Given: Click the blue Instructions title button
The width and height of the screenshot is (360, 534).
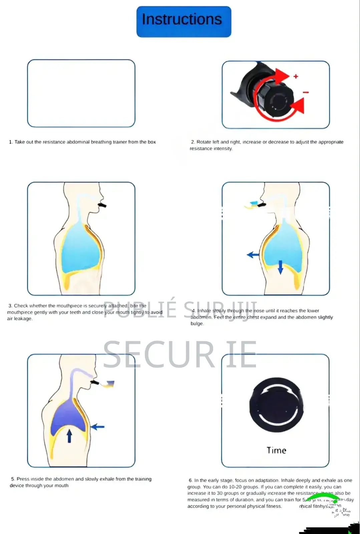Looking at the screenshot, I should (x=184, y=21).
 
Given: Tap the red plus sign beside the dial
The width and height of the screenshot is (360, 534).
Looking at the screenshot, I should (x=296, y=76).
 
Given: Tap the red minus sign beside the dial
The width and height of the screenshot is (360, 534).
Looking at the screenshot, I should (x=306, y=92).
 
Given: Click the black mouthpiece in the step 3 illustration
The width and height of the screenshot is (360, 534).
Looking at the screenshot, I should (x=102, y=205).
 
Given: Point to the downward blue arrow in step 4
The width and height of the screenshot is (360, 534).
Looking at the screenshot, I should (x=280, y=267).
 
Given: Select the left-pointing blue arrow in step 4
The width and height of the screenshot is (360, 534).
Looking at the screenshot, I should (x=253, y=255).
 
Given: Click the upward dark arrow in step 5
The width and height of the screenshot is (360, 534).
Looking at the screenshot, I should (x=69, y=436).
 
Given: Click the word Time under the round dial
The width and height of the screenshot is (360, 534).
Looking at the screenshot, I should (x=276, y=451).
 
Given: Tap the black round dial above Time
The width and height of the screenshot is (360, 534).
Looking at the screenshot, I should (x=276, y=405).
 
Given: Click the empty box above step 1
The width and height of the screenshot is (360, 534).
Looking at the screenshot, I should (x=81, y=93).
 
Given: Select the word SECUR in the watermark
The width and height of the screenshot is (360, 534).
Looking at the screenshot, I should (x=159, y=355).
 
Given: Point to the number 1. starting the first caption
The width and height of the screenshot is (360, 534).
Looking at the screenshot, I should (x=11, y=142).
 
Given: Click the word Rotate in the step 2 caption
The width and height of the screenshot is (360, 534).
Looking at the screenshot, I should (x=203, y=142).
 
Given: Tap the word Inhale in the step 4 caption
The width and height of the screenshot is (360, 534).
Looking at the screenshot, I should (x=204, y=311).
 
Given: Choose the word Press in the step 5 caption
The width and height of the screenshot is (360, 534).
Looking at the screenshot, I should (x=23, y=479).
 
